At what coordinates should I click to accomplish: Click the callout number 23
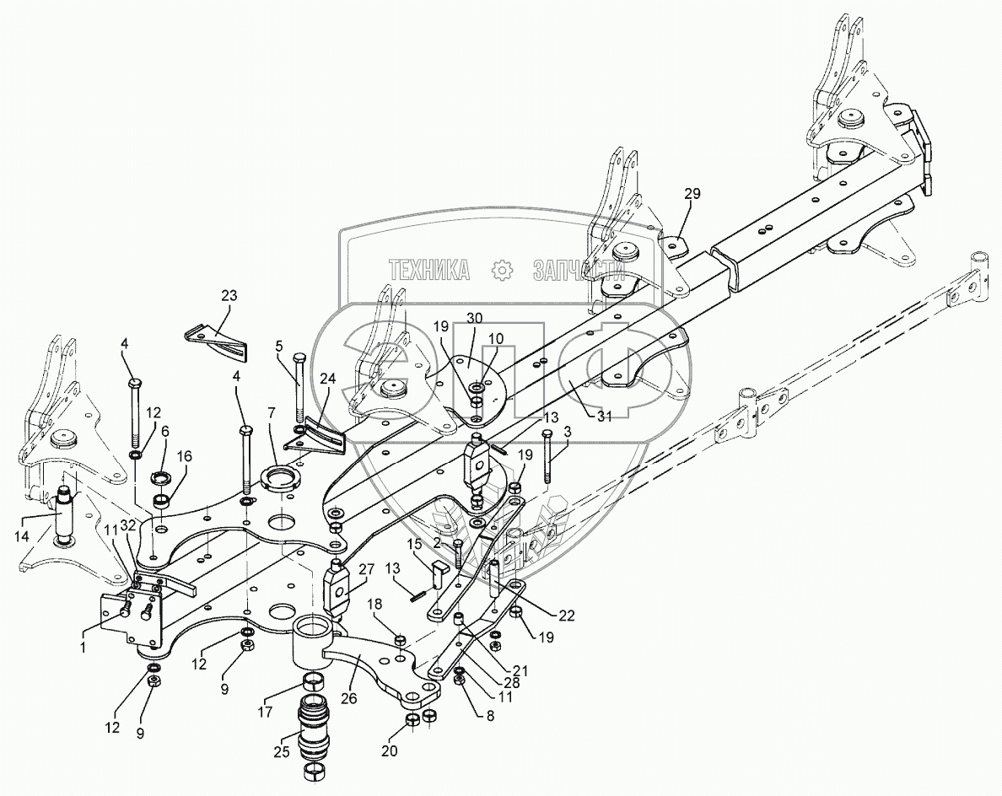pos(229,296)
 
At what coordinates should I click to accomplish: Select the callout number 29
pos(692,194)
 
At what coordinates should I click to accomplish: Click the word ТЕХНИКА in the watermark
pos(429,269)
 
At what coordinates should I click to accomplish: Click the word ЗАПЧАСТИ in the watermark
pos(579,269)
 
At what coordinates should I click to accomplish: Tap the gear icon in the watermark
pos(502,269)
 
